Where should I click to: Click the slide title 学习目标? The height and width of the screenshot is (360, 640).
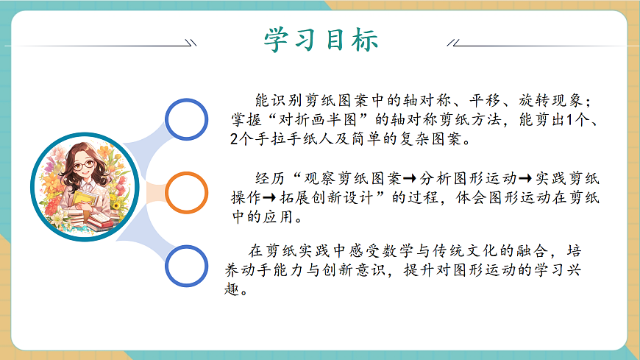(x=321, y=38)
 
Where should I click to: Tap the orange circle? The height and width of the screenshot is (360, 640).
(x=189, y=193)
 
